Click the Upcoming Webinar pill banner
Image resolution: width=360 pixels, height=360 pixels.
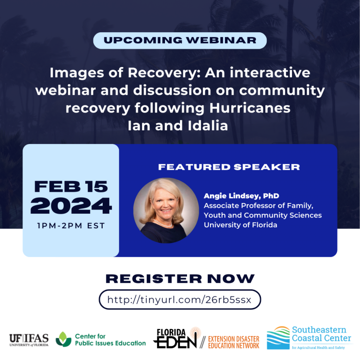(180, 41)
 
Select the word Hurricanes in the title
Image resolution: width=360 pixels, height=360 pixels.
(250, 108)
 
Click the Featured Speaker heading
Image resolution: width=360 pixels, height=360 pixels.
(229, 167)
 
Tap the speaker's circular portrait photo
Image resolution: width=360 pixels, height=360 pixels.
(166, 210)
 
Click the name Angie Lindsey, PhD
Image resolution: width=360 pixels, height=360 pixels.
(241, 196)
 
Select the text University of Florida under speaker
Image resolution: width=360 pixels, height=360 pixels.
(240, 225)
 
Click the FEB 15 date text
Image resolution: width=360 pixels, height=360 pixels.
(71, 187)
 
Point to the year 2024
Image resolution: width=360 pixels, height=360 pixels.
(71, 206)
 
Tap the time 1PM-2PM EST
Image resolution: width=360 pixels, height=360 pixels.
(71, 225)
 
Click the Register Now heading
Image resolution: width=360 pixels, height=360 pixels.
(180, 279)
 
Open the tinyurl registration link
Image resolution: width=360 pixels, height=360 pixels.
(180, 300)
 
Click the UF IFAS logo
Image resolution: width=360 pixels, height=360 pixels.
(29, 340)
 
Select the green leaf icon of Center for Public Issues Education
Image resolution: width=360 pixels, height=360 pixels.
(63, 339)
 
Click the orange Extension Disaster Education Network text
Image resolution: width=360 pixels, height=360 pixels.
(233, 342)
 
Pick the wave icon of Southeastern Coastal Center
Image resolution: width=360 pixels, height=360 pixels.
(278, 337)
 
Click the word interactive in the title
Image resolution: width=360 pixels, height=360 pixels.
(270, 73)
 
